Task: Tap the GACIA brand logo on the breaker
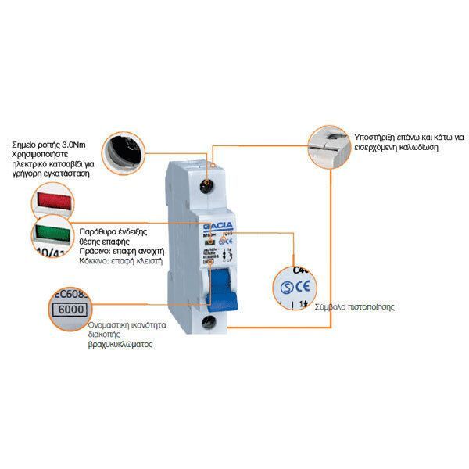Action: (x=209, y=225)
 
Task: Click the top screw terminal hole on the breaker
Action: (x=206, y=186)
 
